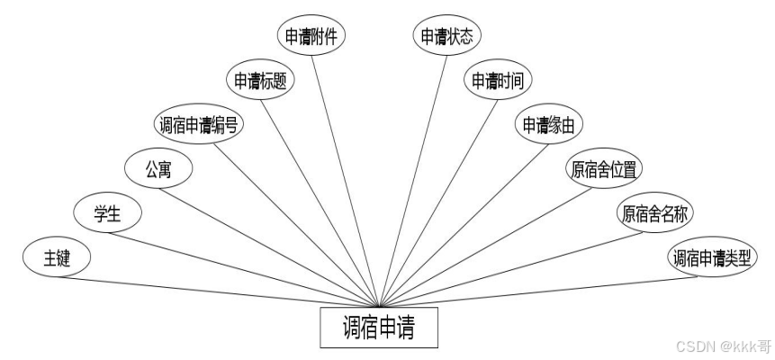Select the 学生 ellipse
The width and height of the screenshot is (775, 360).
click(107, 214)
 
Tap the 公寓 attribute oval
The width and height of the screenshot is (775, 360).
click(158, 169)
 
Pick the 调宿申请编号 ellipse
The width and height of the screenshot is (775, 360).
click(198, 125)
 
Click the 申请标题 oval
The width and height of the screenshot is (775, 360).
click(261, 80)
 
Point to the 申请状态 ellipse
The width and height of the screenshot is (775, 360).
click(448, 36)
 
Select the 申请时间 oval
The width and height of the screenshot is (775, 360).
click(498, 80)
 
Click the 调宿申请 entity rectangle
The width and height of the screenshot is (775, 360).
click(380, 328)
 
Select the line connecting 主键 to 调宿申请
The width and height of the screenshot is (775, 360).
click(225, 291)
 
